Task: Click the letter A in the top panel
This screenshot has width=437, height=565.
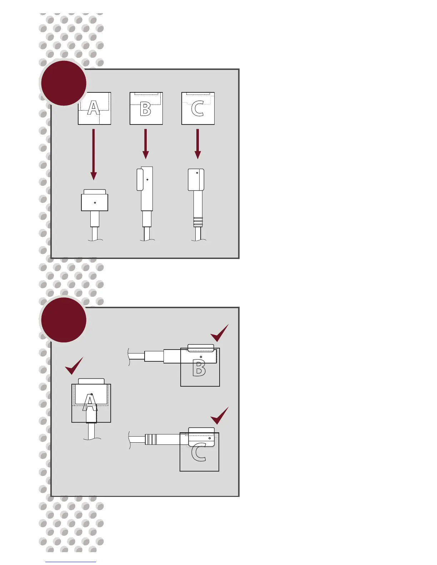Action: [94, 108]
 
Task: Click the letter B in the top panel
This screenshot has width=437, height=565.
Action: [146, 109]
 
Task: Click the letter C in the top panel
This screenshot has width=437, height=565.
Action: [197, 109]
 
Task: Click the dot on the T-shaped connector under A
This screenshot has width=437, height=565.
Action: [95, 203]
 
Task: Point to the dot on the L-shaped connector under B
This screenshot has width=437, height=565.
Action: [147, 179]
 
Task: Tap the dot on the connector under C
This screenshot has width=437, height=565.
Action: [197, 173]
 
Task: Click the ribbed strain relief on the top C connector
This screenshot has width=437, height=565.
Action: [198, 222]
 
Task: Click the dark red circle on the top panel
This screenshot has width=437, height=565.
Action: [64, 83]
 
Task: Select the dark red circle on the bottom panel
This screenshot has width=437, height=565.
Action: [64, 320]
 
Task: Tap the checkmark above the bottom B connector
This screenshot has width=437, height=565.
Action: [219, 333]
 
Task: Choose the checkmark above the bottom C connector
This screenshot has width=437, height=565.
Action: [219, 416]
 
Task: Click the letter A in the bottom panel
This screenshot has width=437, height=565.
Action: [90, 403]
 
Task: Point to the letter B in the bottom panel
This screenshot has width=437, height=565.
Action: [199, 368]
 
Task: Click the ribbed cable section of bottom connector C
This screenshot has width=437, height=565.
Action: [151, 439]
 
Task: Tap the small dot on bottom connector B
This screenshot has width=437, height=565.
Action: [201, 357]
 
